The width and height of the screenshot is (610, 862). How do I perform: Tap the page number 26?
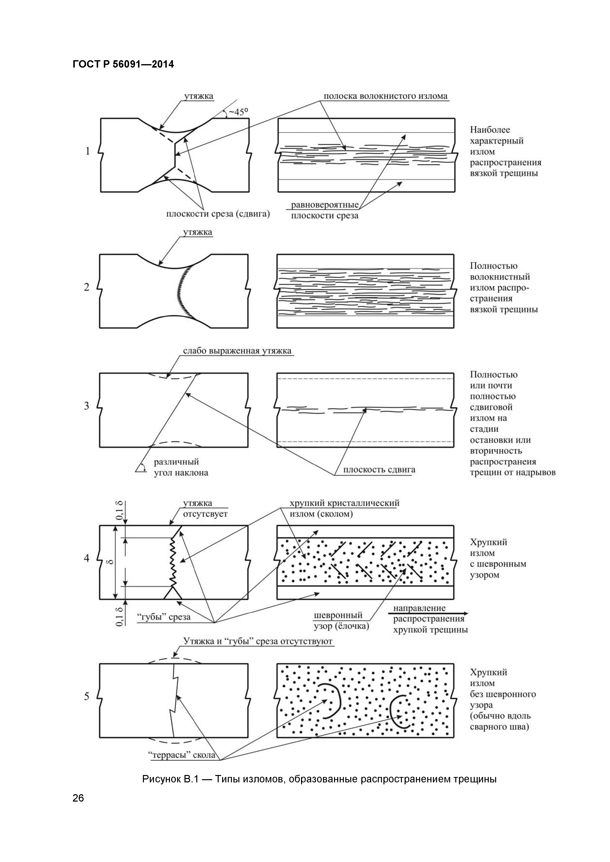pos(78,809)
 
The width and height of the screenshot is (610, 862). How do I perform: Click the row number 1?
pos(88,151)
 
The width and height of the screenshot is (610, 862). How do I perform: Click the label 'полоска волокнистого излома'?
pos(386,96)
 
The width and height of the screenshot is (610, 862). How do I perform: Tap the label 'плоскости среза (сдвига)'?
pos(218,214)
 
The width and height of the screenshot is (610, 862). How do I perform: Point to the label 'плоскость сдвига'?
pos(379,470)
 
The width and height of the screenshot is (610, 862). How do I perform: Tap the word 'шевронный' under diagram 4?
pos(338,615)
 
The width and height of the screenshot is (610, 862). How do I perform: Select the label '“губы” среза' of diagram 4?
pos(164,617)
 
